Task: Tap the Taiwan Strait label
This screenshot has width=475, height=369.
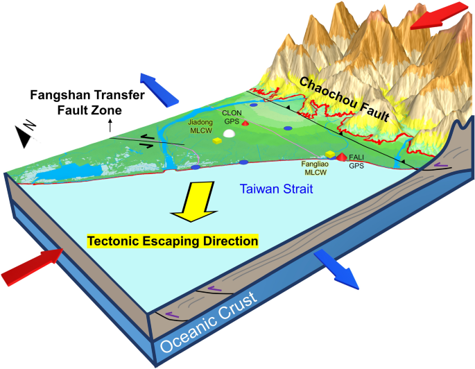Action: pyautogui.click(x=275, y=188)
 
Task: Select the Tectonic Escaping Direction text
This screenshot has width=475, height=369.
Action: pyautogui.click(x=173, y=241)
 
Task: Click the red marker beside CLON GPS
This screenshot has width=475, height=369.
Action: pyautogui.click(x=244, y=122)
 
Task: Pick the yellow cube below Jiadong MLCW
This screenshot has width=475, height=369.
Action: pyautogui.click(x=217, y=141)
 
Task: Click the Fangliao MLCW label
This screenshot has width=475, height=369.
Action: pyautogui.click(x=316, y=168)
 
